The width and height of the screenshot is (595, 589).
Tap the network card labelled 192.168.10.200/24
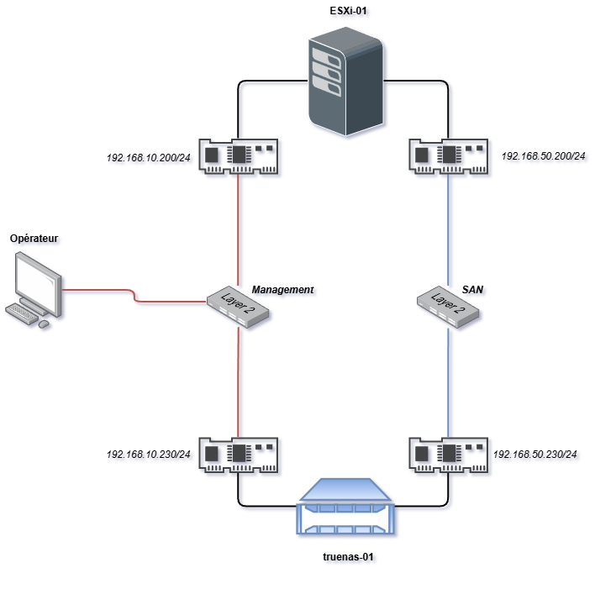coord(240,156)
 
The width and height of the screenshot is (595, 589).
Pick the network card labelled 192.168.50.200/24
coord(448,156)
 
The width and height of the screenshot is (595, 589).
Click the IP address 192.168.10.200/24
coord(148,156)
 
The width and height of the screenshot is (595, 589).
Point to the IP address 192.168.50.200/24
coord(543,155)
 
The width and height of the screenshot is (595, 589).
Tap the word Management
coord(282,289)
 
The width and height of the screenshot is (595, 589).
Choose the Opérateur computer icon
coord(34,290)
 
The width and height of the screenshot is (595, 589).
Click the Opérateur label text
coord(34,239)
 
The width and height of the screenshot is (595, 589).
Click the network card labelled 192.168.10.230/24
coord(240,455)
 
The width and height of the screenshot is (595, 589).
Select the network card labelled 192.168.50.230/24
coord(448,455)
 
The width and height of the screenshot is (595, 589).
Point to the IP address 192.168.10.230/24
coord(148,455)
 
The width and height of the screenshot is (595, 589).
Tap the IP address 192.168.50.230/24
coord(534,455)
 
